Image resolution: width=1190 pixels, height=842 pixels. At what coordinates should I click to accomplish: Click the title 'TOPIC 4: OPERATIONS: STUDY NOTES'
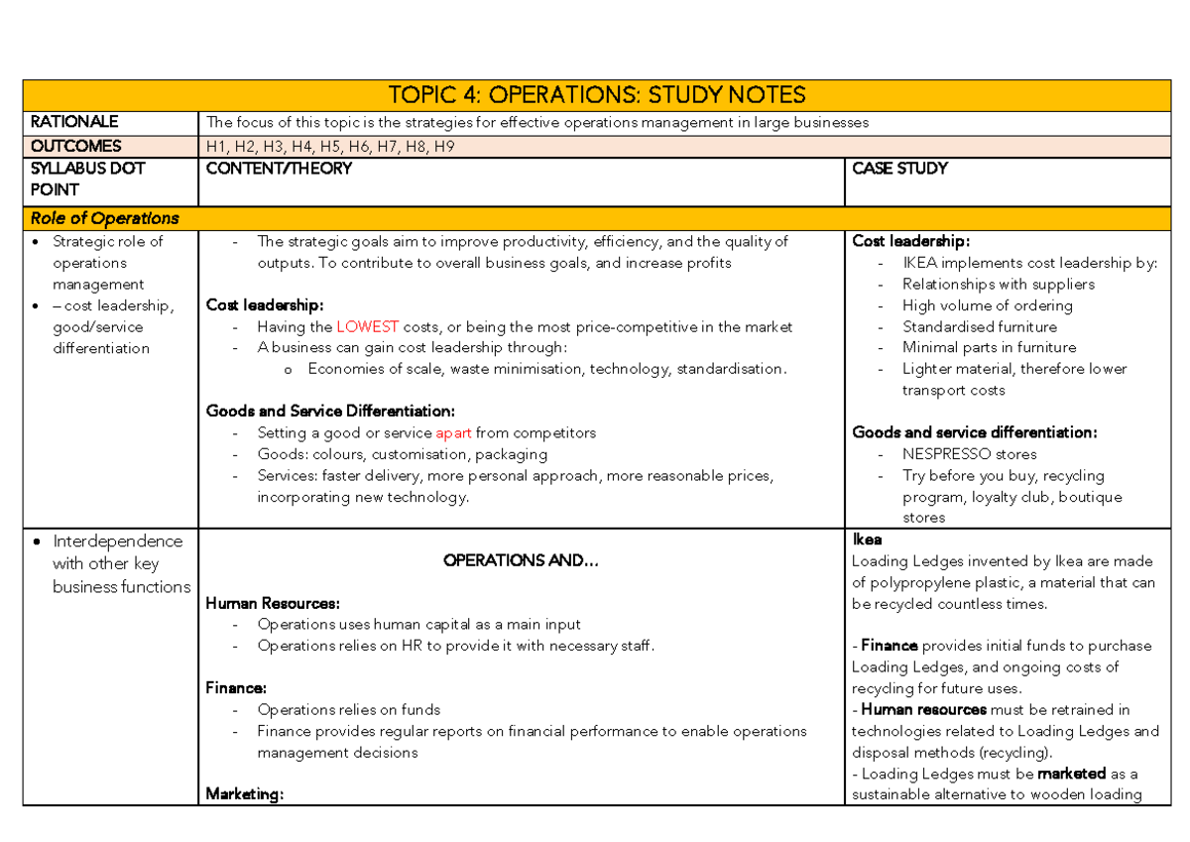point(596,95)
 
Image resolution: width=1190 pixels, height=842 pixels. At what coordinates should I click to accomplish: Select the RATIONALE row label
point(74,122)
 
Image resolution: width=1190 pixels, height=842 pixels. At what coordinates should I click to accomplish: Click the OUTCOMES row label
point(76,146)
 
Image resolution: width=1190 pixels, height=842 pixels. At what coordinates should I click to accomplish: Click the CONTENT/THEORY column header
point(279,169)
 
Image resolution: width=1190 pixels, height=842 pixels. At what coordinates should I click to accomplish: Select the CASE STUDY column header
point(899,169)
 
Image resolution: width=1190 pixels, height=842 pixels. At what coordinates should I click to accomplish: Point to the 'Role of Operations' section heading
point(104,218)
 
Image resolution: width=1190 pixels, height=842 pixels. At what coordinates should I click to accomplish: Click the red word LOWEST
point(368,326)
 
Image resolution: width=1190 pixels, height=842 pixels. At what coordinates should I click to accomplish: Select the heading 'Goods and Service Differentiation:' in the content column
point(330,411)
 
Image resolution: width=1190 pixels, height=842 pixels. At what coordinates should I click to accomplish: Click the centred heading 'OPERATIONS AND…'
point(521,560)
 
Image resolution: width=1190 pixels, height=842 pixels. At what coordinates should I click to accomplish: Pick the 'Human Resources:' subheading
point(273,603)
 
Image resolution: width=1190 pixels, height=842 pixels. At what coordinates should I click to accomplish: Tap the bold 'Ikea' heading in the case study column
point(867,541)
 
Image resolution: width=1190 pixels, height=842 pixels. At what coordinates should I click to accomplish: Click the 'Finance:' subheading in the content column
point(235,687)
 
